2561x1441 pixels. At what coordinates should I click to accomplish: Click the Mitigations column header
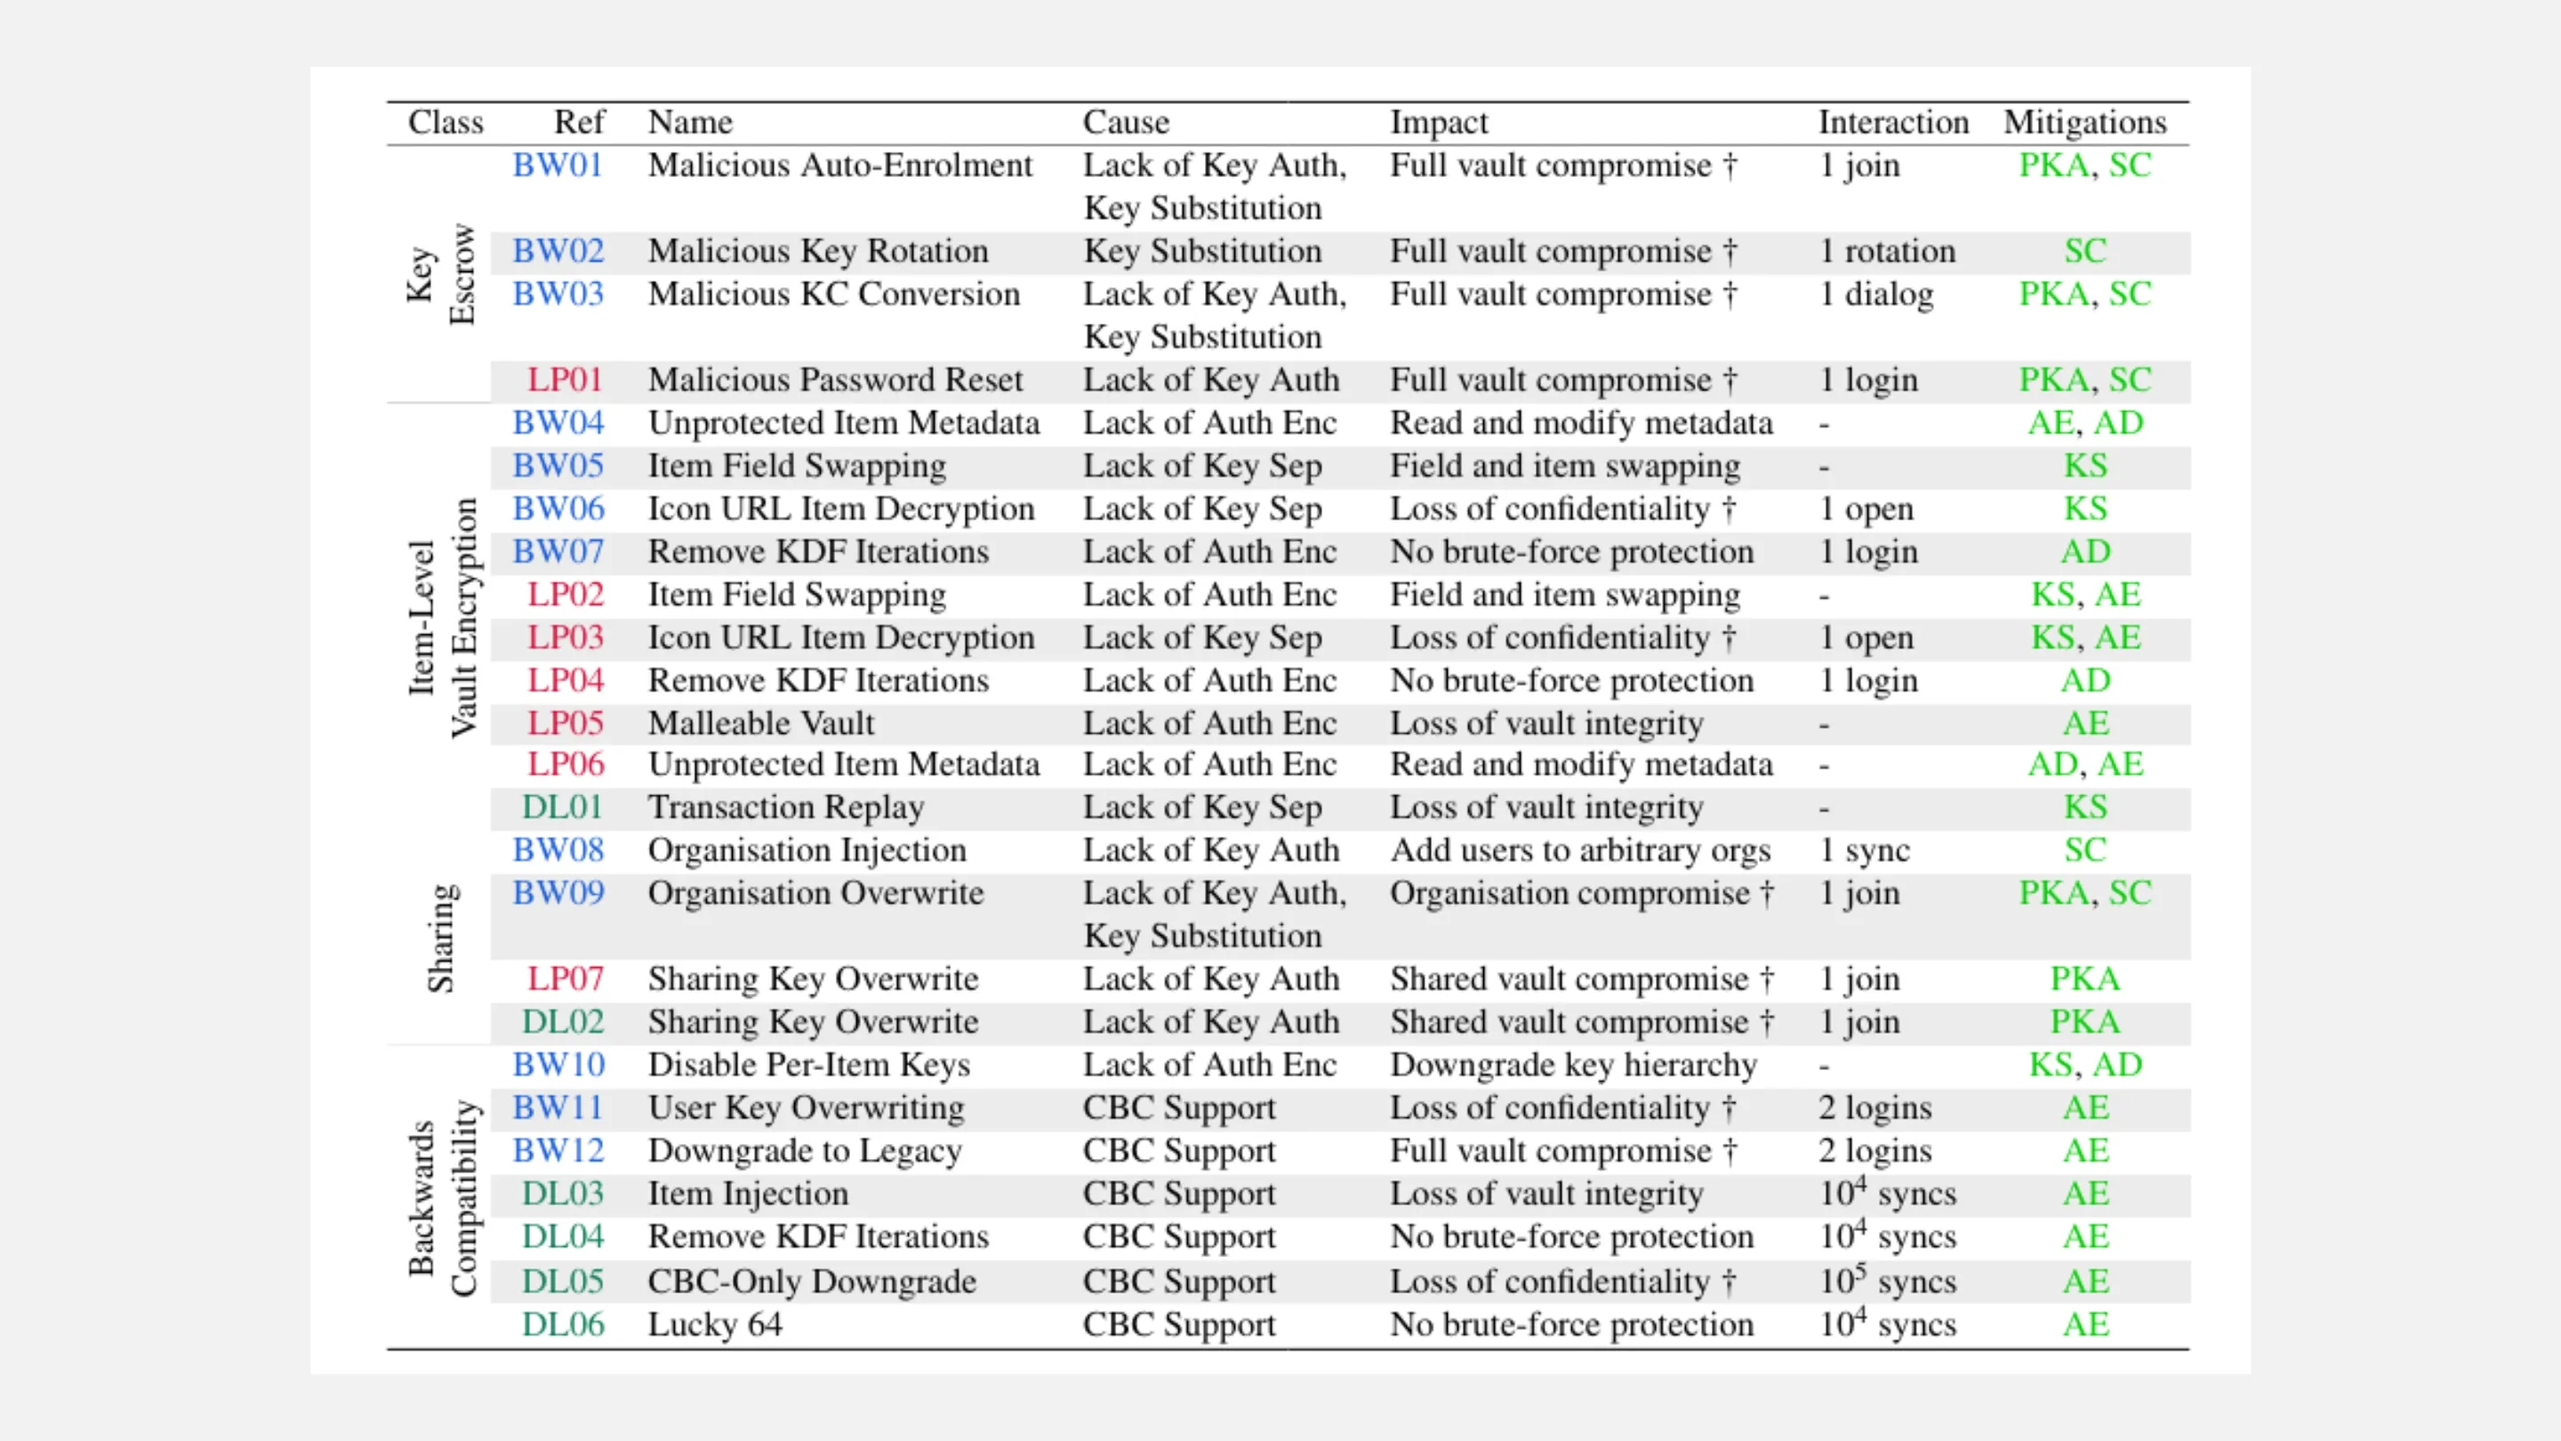point(2083,123)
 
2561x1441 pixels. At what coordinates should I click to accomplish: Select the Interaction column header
point(1893,123)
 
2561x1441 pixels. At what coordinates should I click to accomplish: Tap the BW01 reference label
point(558,165)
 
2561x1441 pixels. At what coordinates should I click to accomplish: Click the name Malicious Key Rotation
point(817,251)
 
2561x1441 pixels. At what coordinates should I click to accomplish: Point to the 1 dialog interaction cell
point(1876,294)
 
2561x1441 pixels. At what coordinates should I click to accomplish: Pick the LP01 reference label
point(565,380)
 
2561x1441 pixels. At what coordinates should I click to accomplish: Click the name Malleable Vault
point(760,723)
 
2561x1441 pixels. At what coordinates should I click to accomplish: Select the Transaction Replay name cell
point(785,807)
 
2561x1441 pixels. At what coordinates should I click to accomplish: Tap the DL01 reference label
point(563,807)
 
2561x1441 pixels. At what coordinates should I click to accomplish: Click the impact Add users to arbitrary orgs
point(1580,850)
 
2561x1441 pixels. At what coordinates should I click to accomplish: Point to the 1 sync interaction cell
point(1864,850)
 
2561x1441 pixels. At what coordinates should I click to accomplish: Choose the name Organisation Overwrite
point(815,893)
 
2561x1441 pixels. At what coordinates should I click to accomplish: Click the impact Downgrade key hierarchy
point(1573,1065)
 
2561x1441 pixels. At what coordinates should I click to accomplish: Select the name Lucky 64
point(715,1324)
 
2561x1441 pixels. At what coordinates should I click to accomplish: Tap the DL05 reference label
point(563,1281)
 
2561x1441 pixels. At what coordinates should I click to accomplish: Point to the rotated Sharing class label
point(440,938)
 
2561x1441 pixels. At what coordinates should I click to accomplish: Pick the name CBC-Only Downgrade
point(811,1281)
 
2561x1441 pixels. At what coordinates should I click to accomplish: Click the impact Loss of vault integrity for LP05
point(1546,723)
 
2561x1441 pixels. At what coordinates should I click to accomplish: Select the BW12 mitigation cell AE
point(2084,1151)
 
